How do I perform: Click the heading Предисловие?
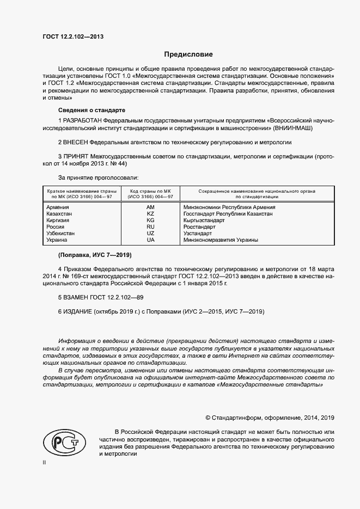(x=189, y=54)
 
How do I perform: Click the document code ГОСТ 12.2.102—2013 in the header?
(x=72, y=36)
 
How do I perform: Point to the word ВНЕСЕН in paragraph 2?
(x=76, y=143)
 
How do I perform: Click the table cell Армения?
(x=58, y=207)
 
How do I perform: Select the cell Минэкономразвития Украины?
(x=221, y=240)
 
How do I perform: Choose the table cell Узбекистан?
(x=61, y=234)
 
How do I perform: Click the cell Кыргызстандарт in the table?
(x=204, y=220)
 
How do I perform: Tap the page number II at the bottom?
(x=45, y=463)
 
